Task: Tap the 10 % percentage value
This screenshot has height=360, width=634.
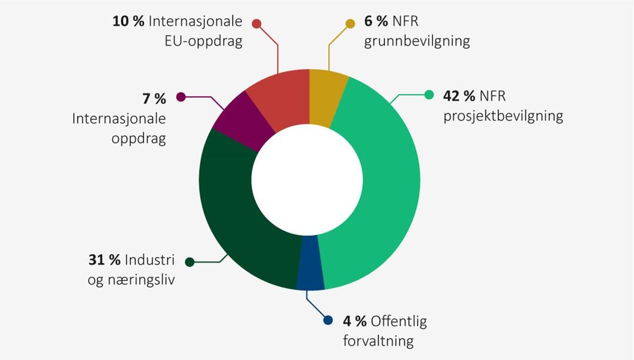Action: [x=128, y=22]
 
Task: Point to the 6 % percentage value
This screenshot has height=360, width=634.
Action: [x=375, y=22]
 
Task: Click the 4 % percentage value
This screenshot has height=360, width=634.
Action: [x=355, y=321]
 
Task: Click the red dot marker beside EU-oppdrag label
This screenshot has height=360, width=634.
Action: [x=256, y=23]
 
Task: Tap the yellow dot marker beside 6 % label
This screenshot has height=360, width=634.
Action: [x=350, y=23]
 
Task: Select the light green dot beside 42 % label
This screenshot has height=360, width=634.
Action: [x=429, y=94]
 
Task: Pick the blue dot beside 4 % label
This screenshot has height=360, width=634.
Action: [x=329, y=321]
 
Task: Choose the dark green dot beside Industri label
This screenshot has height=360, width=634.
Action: [x=189, y=262]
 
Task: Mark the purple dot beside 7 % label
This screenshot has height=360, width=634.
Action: [x=181, y=97]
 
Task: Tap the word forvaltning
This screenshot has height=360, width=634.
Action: [x=379, y=341]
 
